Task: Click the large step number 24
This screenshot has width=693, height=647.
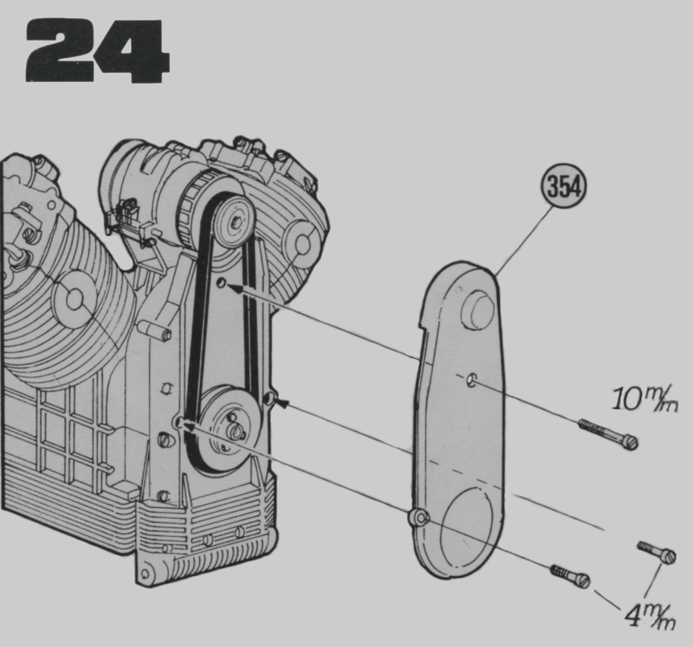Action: coord(97,51)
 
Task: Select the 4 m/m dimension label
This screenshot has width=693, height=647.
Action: coord(651,615)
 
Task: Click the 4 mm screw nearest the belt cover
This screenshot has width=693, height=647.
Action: coord(570,576)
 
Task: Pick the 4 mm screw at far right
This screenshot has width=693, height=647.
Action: coord(657,552)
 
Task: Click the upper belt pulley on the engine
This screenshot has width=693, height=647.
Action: coord(235,222)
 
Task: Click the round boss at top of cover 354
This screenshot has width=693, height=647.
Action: coord(478,311)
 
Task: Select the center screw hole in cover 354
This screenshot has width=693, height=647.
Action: coord(472,380)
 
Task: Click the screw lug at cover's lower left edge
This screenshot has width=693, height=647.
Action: coord(418,518)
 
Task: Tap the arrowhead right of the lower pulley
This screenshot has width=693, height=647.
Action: coord(282,402)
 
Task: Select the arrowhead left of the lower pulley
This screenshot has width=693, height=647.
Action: coord(189,426)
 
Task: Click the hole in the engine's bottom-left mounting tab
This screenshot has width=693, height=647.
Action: coord(144,575)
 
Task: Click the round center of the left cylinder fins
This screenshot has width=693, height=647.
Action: coord(74,299)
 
